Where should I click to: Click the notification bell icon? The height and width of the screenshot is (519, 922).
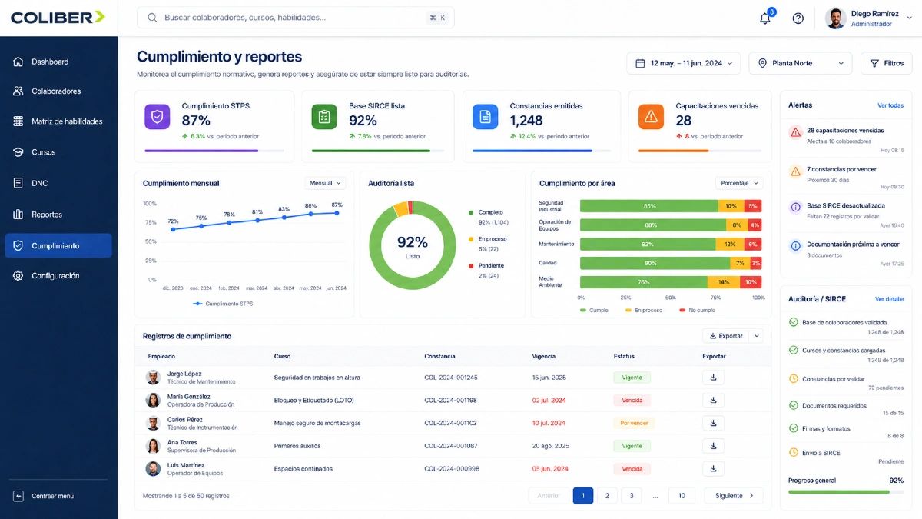[764, 18]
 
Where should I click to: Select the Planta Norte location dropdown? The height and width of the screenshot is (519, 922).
[800, 63]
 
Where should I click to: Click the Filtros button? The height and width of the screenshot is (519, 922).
[886, 63]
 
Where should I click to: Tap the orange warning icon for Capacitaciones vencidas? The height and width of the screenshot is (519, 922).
[651, 117]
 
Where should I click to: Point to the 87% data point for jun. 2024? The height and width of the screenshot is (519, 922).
[337, 213]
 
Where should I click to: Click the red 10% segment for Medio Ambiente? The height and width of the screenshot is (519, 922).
[751, 282]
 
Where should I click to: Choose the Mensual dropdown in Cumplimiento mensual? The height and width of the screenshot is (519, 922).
[325, 183]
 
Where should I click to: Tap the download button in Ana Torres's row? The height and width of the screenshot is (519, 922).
[713, 446]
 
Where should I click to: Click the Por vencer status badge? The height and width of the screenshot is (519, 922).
[634, 423]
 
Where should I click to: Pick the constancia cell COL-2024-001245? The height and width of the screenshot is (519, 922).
[451, 378]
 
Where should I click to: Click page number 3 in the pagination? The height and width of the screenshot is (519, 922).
[631, 495]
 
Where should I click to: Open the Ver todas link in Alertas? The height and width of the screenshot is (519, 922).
[890, 105]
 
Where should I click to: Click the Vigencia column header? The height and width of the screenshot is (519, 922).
[543, 356]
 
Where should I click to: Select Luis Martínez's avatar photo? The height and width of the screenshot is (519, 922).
[153, 469]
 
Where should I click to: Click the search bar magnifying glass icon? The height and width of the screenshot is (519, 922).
[152, 18]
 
